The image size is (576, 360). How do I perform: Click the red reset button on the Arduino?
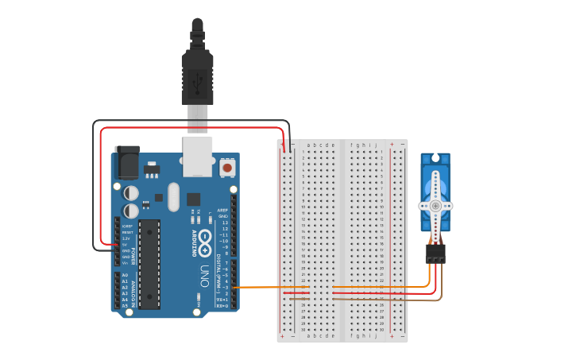pos(227,168)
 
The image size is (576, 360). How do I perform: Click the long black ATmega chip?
pos(149,264)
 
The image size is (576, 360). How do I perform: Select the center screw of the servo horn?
pos(435,206)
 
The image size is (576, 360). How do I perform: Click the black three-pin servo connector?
pos(435,253)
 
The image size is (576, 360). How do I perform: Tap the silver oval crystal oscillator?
pos(174,196)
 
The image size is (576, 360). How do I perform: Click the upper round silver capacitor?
pos(132,192)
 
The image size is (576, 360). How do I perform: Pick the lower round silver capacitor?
pos(132,211)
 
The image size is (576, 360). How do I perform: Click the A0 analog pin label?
pos(125,275)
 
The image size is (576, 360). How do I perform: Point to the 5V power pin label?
pos(126,245)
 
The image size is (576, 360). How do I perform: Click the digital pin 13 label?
pos(224,223)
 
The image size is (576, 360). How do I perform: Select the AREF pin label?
pos(222,211)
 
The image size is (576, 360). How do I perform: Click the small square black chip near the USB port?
pos(193,199)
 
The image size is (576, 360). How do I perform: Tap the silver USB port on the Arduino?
pos(197,156)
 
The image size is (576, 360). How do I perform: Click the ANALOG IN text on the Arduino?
pos(133,290)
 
